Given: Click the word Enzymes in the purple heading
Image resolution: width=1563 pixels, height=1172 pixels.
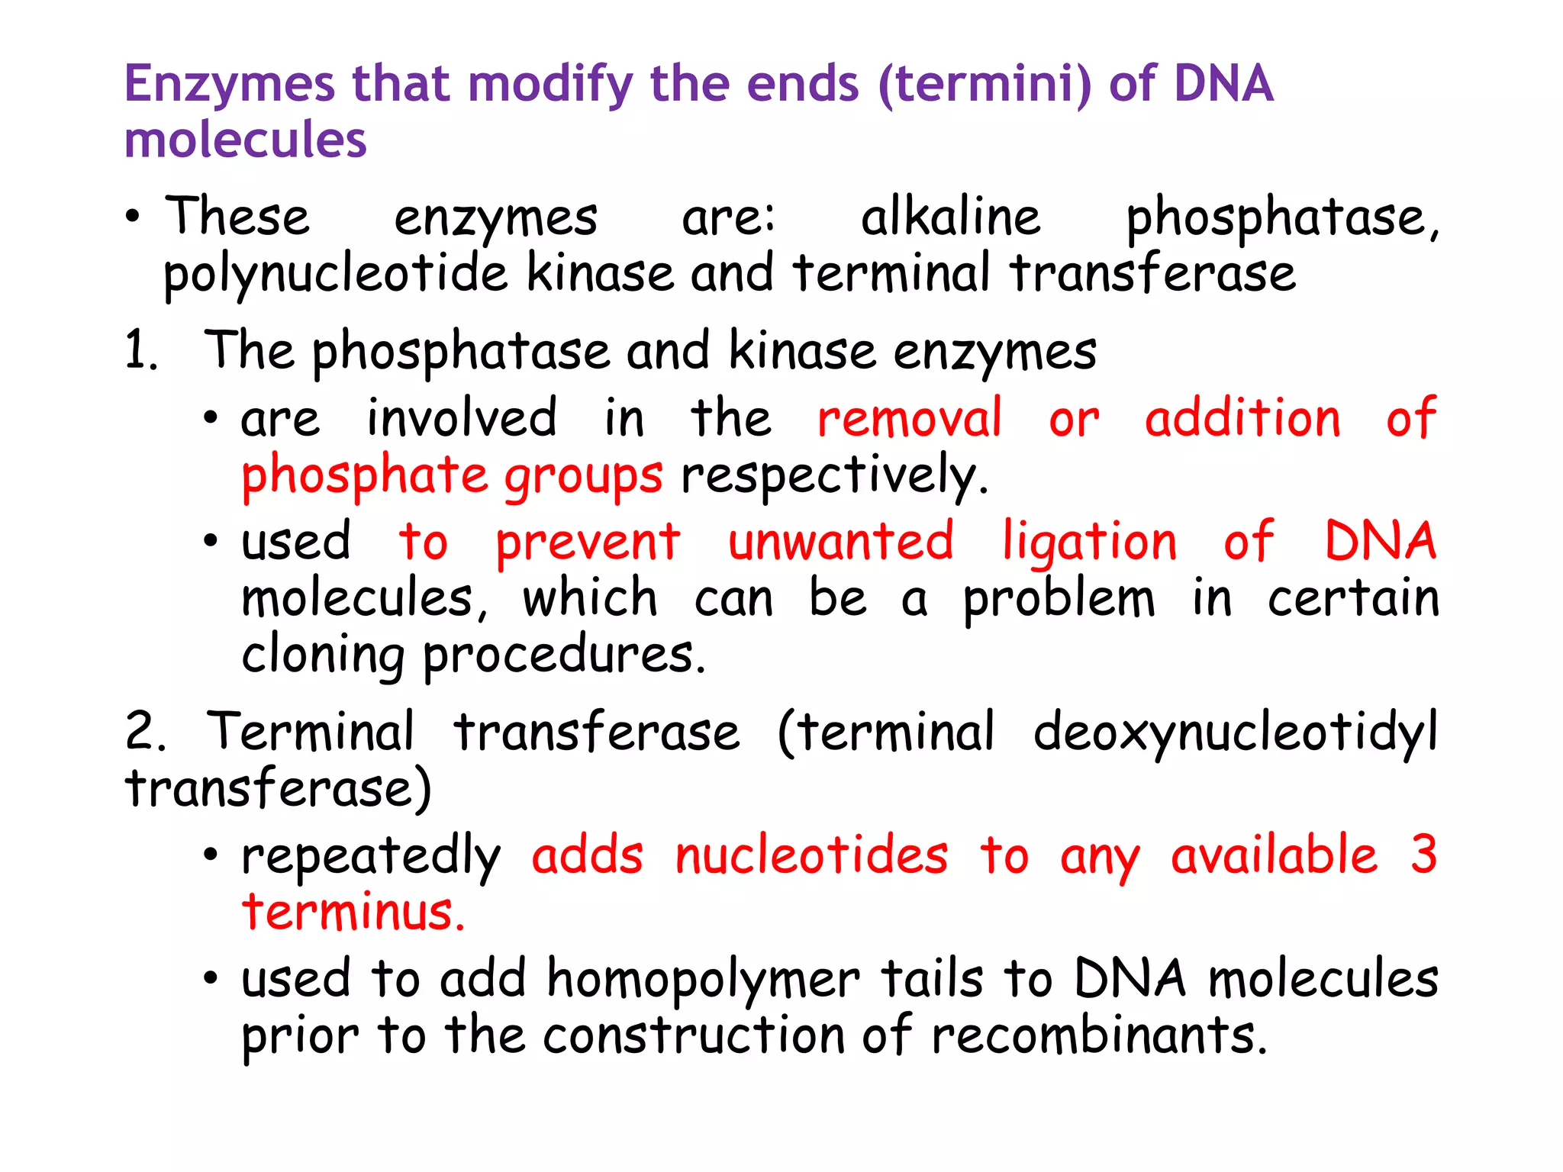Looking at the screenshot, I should pos(229,84).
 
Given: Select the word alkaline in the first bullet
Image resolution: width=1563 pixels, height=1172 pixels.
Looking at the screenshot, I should pos(950,217).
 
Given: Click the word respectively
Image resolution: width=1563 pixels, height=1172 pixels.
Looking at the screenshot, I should pos(833,476).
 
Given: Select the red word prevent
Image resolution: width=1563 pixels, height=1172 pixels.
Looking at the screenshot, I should pos(588,543).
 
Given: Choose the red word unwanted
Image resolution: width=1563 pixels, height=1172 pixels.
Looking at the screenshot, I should pos(840,542).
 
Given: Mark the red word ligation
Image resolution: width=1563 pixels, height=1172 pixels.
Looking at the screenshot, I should pos(1090,543).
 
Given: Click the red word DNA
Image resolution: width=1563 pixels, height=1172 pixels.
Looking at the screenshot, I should pos(1380,542).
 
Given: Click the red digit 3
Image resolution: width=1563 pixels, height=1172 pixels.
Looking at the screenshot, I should pos(1423,855).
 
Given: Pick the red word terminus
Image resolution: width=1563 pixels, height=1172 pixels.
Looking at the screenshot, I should pos(353,913).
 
